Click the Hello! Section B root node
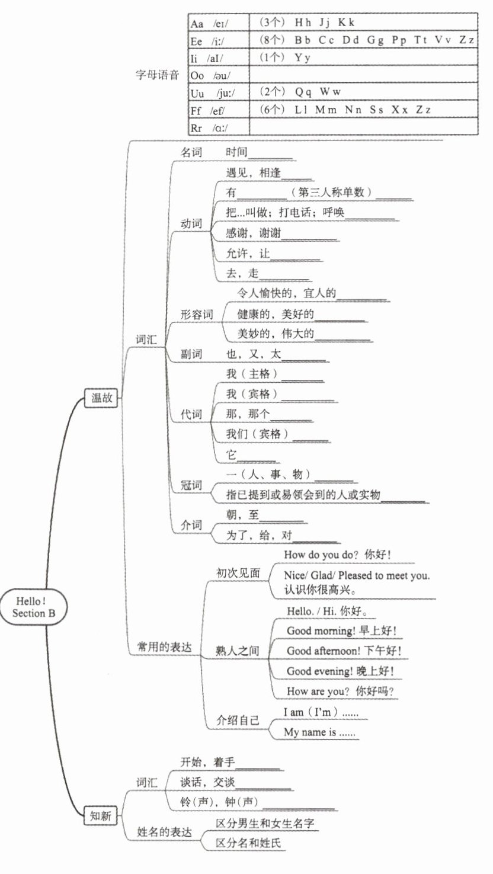34,607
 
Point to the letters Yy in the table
302,57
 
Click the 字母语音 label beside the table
157,75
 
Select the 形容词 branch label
197,315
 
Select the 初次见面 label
238,573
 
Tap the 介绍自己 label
238,721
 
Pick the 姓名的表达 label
164,833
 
